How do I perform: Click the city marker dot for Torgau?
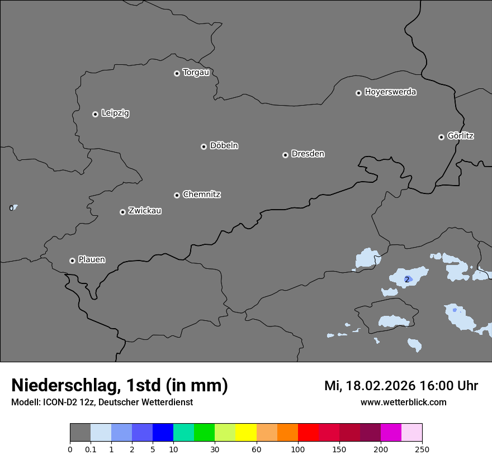[177, 73]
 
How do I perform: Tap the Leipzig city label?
[115, 113]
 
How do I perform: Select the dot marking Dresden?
[285, 155]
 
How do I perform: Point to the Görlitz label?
[461, 136]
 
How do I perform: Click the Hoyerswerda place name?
[390, 92]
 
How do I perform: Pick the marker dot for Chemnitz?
[177, 195]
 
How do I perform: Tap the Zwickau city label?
[145, 211]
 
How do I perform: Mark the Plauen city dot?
[72, 261]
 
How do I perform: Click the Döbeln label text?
[224, 145]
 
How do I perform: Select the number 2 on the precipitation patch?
[407, 279]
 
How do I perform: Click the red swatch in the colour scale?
[308, 433]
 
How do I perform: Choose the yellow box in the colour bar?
[246, 433]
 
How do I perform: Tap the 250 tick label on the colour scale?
[422, 449]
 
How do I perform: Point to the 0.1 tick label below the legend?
[91, 449]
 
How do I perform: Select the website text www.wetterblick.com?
[403, 402]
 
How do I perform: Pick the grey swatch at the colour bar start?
[80, 433]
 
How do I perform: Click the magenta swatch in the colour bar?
[391, 433]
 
